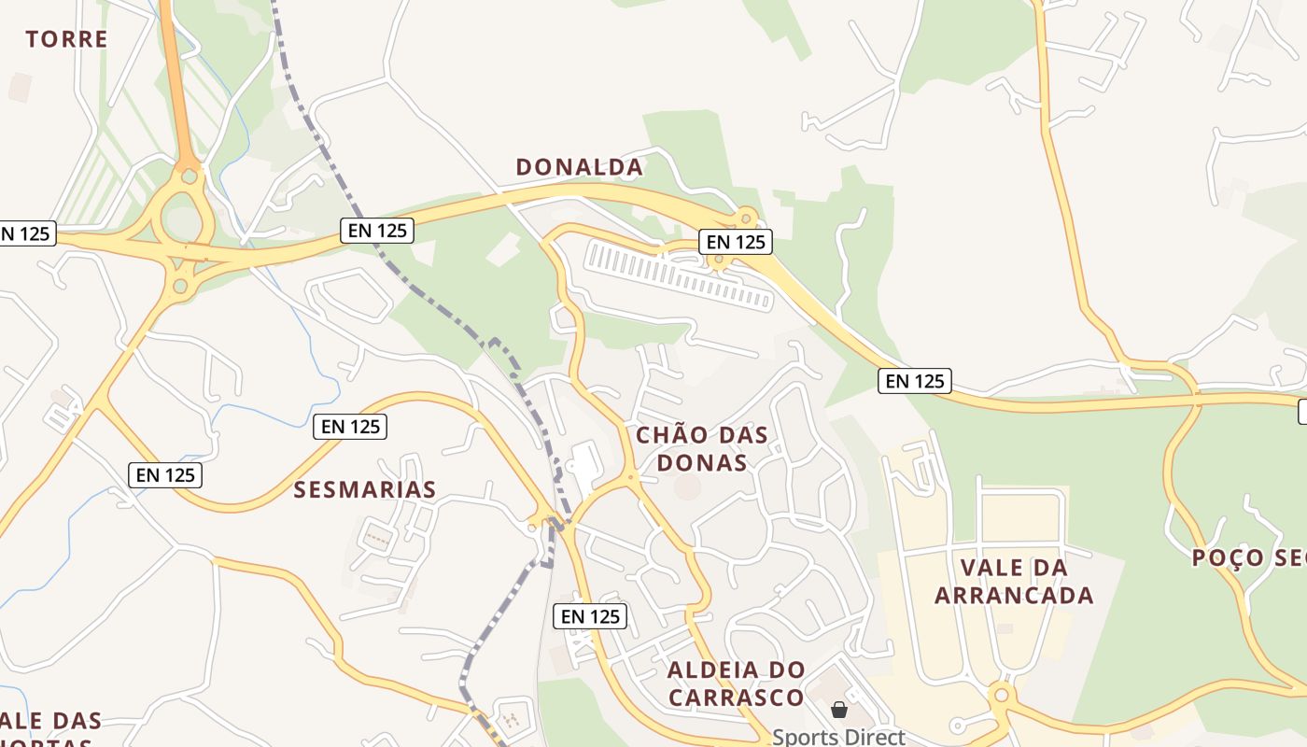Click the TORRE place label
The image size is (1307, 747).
[x=66, y=39]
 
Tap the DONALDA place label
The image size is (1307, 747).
[x=579, y=167]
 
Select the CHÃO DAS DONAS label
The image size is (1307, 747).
[x=702, y=448]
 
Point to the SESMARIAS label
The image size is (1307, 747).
[x=365, y=490]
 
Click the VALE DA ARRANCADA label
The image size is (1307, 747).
[x=1014, y=581]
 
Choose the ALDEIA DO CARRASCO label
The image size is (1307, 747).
[x=736, y=684]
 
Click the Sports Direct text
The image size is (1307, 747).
[x=838, y=737]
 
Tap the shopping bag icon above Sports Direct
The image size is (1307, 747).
[x=838, y=711]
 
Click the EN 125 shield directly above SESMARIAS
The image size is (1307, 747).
[x=350, y=427]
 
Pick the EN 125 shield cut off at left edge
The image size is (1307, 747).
[x=25, y=233]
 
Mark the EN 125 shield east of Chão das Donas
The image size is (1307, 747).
[x=915, y=381]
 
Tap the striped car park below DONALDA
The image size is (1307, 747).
[x=679, y=275]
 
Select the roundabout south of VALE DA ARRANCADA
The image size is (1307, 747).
[x=1002, y=696]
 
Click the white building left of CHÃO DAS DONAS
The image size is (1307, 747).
[x=586, y=464]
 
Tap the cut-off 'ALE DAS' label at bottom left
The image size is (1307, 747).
[x=51, y=722]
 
